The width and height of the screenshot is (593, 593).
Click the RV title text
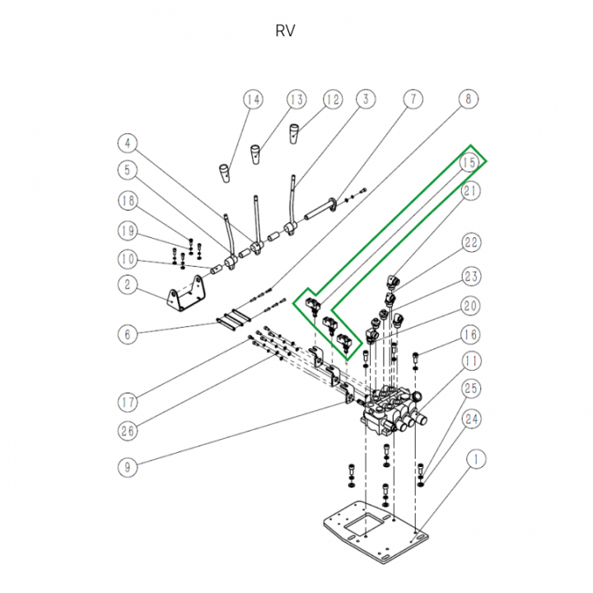point(285,31)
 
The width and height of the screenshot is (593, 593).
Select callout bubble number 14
point(253,100)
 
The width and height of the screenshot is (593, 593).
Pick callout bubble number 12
point(332,100)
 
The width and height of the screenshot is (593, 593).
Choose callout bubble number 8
point(467,100)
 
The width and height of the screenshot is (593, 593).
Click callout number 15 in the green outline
point(469,162)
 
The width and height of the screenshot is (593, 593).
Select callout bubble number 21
point(471,193)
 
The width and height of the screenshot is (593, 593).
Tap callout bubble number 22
point(471,243)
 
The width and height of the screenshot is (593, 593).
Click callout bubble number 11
point(471,361)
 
